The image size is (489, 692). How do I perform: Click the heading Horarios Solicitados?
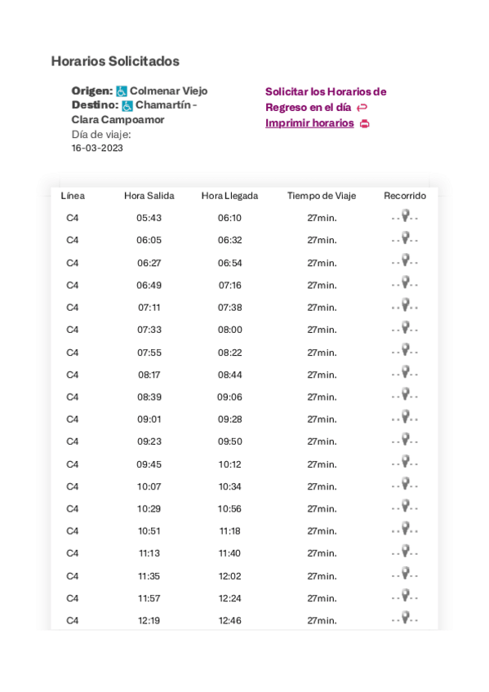(115, 61)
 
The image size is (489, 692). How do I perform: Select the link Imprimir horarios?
(309, 123)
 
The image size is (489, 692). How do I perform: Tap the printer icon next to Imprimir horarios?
(365, 124)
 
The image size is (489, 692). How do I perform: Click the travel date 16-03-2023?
(97, 149)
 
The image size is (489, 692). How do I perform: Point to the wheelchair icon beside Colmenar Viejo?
(122, 91)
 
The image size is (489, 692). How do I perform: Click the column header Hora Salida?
(149, 196)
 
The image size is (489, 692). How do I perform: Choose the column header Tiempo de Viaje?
(322, 196)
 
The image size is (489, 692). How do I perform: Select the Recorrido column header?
(405, 196)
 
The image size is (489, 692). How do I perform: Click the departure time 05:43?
(149, 218)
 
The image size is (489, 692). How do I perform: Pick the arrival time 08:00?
(229, 330)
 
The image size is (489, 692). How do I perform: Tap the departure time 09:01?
(149, 419)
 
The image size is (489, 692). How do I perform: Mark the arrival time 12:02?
(229, 576)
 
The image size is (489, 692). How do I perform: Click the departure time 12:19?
(149, 621)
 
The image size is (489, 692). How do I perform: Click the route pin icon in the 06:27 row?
(405, 261)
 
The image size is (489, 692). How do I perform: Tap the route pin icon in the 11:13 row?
(405, 552)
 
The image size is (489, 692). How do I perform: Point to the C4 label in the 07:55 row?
(73, 353)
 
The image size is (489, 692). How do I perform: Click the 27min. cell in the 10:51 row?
(322, 531)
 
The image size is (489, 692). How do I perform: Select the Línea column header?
(73, 196)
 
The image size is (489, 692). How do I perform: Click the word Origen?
(91, 91)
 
